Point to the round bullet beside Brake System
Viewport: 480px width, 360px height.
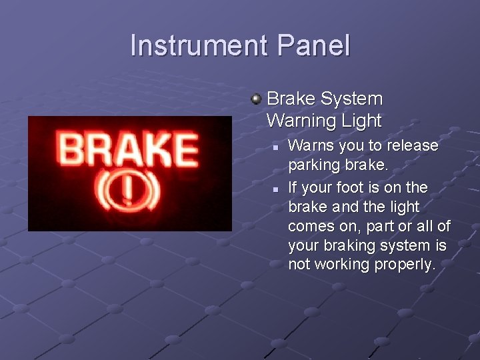point(255,99)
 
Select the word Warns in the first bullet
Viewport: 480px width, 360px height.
point(309,145)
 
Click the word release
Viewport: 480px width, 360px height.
point(412,145)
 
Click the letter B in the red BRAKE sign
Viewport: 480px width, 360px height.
point(70,149)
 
